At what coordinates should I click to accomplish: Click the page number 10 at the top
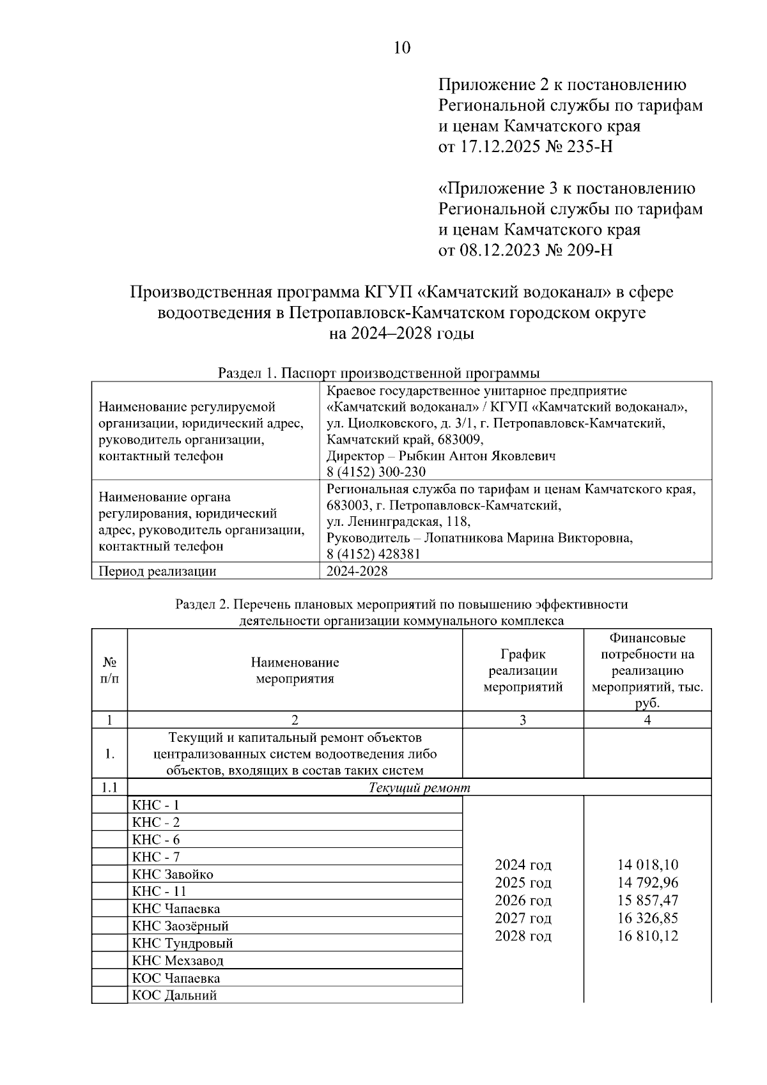[x=402, y=48]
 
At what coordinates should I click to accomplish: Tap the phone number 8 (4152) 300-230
[x=375, y=472]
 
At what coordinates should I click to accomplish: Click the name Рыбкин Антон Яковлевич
[x=476, y=456]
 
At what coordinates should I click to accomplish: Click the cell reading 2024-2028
[x=357, y=571]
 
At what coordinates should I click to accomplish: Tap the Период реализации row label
[x=157, y=571]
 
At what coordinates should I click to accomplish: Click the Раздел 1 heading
[x=378, y=373]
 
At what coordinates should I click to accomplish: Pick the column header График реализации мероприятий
[x=523, y=670]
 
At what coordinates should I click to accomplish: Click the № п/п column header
[x=109, y=670]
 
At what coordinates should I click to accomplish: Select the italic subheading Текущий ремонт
[x=419, y=787]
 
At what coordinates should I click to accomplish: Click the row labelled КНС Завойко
[x=173, y=874]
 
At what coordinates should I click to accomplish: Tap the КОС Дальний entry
[x=174, y=995]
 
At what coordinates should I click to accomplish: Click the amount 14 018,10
[x=647, y=865]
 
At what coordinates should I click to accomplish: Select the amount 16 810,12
[x=647, y=936]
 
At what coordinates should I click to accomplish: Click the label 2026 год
[x=523, y=900]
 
